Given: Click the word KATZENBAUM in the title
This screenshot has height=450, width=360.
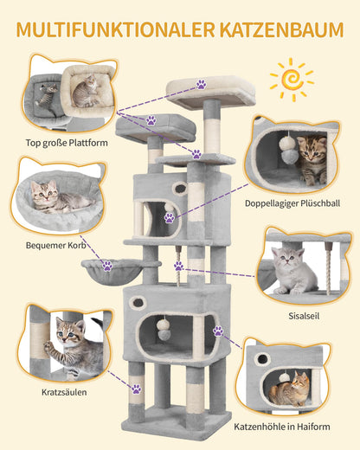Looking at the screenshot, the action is click(281, 29).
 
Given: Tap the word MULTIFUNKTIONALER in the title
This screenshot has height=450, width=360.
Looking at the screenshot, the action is click(116, 29).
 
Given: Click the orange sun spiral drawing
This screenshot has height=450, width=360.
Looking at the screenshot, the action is click(292, 80).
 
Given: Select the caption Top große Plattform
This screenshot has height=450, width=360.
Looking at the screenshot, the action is click(67, 143).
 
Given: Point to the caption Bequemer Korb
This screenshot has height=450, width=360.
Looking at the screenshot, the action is click(56, 245).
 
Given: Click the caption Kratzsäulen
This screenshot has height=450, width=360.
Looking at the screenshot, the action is click(64, 392).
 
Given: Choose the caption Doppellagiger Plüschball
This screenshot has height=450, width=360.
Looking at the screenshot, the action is click(292, 203).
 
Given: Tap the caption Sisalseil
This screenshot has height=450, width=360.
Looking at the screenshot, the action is click(304, 316).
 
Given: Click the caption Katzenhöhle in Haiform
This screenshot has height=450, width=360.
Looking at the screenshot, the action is click(282, 427).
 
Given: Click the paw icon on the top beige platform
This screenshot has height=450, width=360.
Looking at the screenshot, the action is click(202, 85).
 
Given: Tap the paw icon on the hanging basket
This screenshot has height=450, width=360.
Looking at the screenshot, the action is click(107, 266).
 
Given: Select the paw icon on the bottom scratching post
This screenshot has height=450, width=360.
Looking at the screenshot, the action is click(137, 389).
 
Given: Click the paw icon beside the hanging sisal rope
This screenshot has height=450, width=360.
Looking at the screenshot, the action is click(178, 266).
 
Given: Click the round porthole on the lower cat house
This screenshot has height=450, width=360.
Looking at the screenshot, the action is click(138, 302).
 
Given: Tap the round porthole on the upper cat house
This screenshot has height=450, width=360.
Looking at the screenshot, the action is click(180, 189).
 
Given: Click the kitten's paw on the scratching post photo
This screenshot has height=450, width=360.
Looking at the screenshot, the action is click(48, 346).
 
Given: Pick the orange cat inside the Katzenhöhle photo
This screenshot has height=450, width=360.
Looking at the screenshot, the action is click(289, 389).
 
